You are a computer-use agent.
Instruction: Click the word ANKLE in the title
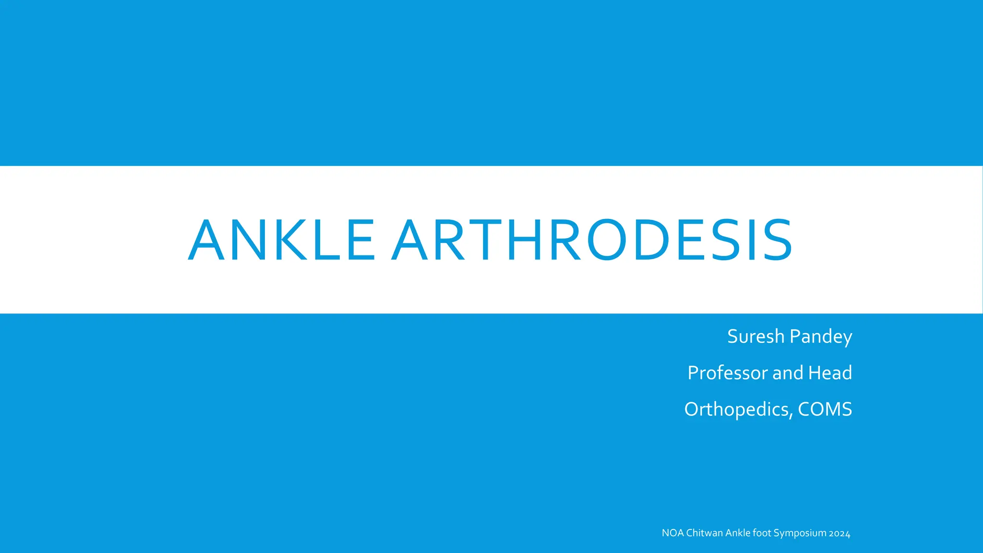[281, 240]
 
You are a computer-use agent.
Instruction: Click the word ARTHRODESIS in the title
[592, 240]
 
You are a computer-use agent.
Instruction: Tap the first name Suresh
[755, 336]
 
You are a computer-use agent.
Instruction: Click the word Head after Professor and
[830, 373]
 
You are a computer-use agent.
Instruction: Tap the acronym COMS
[825, 409]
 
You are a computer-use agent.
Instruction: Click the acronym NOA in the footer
[672, 533]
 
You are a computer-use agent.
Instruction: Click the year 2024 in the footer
[839, 533]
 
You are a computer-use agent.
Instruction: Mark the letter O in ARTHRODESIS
[606, 240]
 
